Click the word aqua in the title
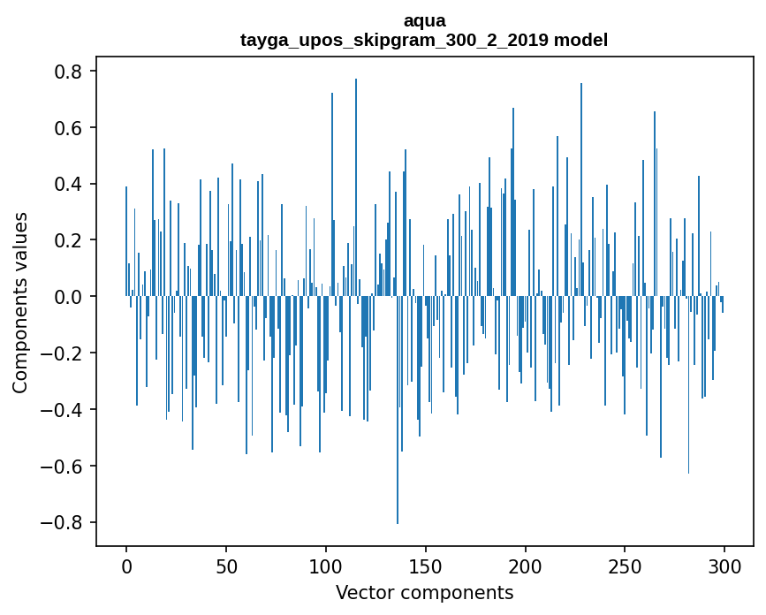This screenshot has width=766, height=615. point(424,20)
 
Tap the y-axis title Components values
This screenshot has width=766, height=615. point(20,302)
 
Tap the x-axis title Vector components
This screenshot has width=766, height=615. point(424,592)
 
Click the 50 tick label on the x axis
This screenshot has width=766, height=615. point(226,566)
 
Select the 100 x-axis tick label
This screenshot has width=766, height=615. point(326,566)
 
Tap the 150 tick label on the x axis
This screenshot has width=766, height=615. point(426,566)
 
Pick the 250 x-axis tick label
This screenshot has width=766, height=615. point(625,566)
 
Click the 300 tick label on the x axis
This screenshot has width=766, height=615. point(724,566)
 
